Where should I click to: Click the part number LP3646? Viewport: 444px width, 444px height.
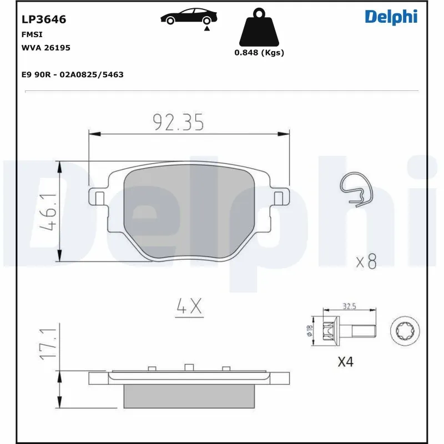click(x=44, y=19)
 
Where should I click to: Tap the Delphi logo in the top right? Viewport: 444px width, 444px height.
click(x=391, y=17)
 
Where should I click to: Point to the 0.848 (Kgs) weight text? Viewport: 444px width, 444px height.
click(x=259, y=53)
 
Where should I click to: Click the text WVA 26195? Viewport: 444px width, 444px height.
click(x=46, y=48)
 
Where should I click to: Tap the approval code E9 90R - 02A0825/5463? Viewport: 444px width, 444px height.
click(x=72, y=74)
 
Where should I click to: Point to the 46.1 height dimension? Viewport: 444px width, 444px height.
click(x=49, y=211)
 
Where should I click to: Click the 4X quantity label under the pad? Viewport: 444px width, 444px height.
click(x=189, y=307)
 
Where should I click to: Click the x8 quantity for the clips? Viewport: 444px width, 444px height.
click(x=366, y=261)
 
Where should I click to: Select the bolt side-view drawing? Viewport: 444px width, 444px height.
click(x=344, y=331)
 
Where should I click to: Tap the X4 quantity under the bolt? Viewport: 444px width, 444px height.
click(x=345, y=362)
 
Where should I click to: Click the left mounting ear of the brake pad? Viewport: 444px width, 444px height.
click(x=99, y=196)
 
